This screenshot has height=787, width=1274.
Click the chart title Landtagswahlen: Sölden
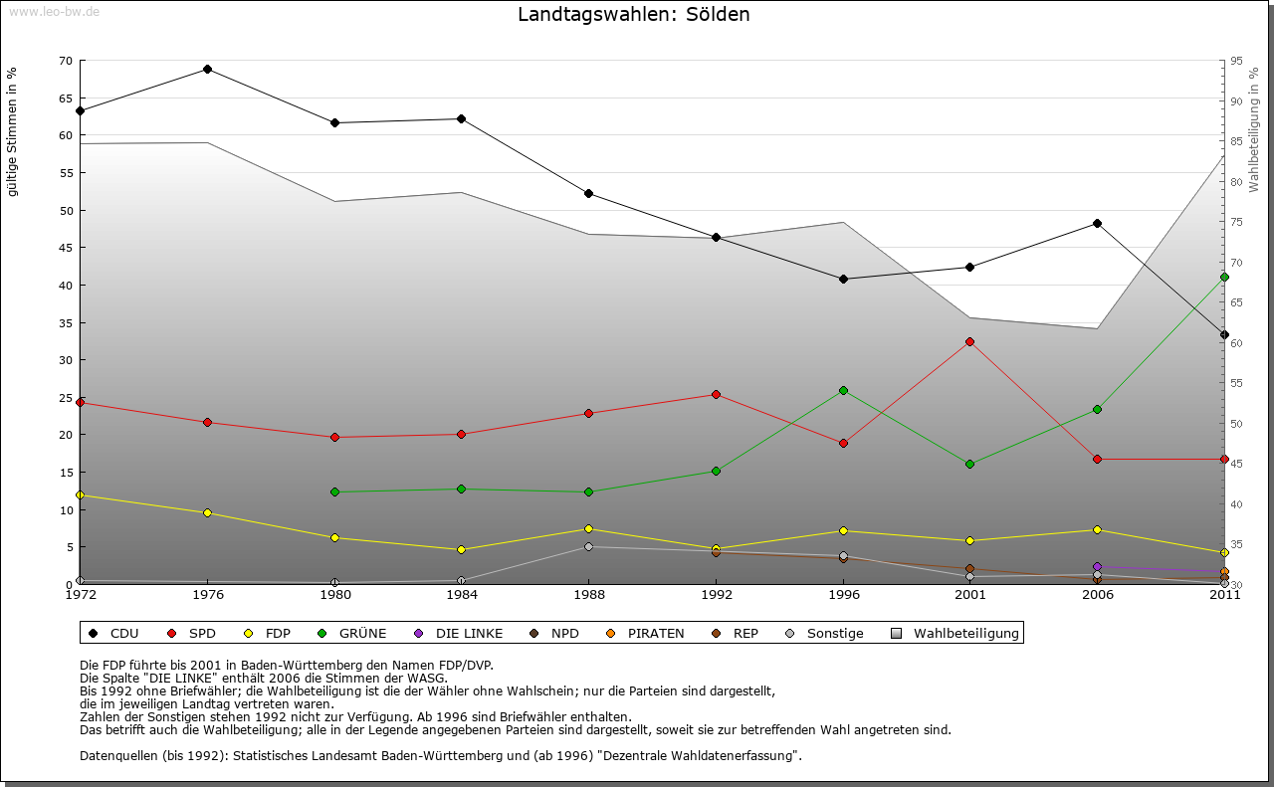click(x=633, y=15)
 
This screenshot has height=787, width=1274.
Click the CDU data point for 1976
click(x=207, y=69)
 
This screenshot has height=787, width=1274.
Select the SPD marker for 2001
click(x=970, y=341)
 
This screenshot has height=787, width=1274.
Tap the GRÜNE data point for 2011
click(x=1224, y=277)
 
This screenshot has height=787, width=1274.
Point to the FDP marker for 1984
click(x=462, y=549)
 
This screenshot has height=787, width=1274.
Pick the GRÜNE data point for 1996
click(x=843, y=390)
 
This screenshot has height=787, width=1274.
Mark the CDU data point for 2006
click(x=1097, y=223)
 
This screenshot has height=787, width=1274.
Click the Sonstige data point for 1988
click(x=588, y=546)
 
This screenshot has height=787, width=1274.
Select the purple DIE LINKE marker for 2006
click(x=1097, y=566)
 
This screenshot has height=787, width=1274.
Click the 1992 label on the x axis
click(x=716, y=595)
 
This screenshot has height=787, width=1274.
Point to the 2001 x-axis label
click(x=970, y=595)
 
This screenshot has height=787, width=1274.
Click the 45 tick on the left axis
click(x=66, y=248)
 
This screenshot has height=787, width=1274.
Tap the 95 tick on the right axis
click(x=1236, y=61)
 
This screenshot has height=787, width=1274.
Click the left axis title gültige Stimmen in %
click(x=12, y=131)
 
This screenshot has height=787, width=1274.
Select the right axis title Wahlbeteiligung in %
click(x=1254, y=129)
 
